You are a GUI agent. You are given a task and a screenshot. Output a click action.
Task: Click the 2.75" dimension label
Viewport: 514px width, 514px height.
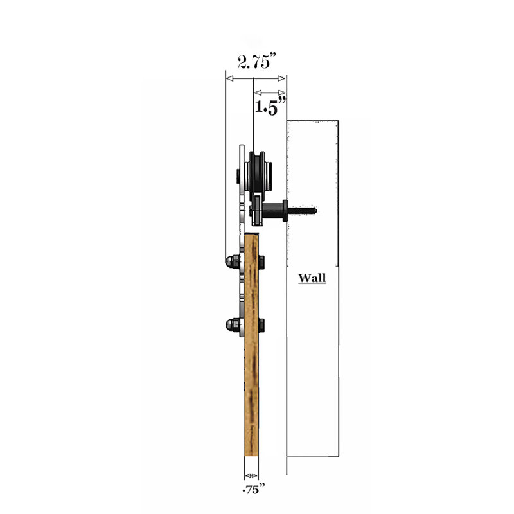pos(257,60)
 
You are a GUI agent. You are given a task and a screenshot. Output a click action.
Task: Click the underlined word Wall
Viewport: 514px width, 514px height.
pos(312,278)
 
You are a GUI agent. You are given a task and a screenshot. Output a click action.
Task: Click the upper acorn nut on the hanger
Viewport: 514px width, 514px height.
pos(233,261)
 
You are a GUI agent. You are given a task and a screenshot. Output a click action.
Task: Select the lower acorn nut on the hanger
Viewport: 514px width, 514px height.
pos(233,325)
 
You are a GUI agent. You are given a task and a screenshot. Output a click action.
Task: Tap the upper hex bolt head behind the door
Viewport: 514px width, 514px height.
pos(261,262)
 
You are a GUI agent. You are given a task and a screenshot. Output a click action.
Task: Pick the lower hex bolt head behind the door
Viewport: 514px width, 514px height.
pos(261,325)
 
